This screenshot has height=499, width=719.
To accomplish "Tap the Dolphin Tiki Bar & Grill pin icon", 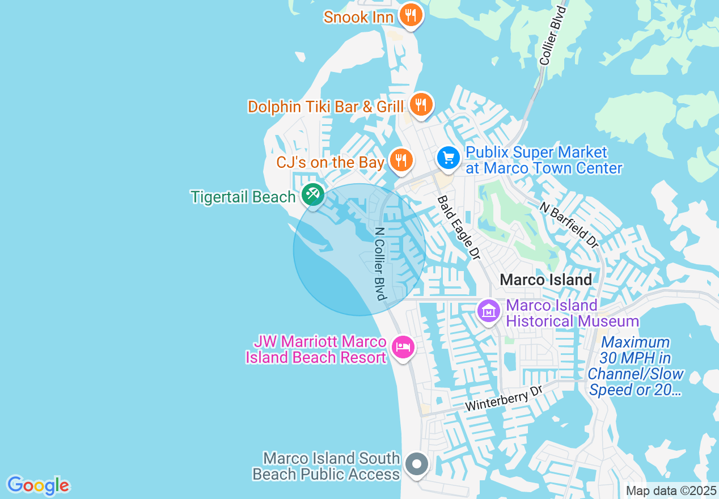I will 420,104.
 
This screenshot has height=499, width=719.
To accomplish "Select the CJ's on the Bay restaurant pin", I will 401,160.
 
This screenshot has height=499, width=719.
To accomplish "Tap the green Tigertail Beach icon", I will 312,194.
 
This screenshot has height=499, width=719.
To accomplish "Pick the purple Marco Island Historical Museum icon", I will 488,311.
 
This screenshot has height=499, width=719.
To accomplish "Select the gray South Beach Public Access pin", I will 417,464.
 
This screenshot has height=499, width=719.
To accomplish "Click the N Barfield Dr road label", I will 569,225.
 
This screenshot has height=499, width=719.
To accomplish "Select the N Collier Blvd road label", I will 380,264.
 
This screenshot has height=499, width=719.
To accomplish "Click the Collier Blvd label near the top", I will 553,36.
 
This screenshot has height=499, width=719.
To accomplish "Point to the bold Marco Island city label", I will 546,280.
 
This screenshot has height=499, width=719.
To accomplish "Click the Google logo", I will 38,485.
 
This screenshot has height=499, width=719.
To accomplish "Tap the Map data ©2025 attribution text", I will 671,490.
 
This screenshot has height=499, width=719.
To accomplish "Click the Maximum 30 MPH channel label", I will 636,366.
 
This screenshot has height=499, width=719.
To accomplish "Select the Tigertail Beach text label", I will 243,197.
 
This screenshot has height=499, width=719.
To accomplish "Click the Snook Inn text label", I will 358,17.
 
